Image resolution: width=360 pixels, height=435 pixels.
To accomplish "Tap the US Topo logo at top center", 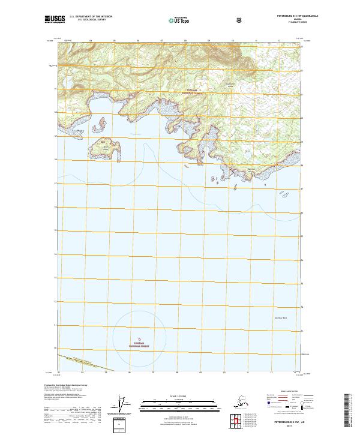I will coord(181,20).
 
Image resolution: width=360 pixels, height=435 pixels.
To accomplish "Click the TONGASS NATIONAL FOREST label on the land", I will coord(179,91).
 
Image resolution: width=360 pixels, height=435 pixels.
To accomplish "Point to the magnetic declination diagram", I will coord(123,405).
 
